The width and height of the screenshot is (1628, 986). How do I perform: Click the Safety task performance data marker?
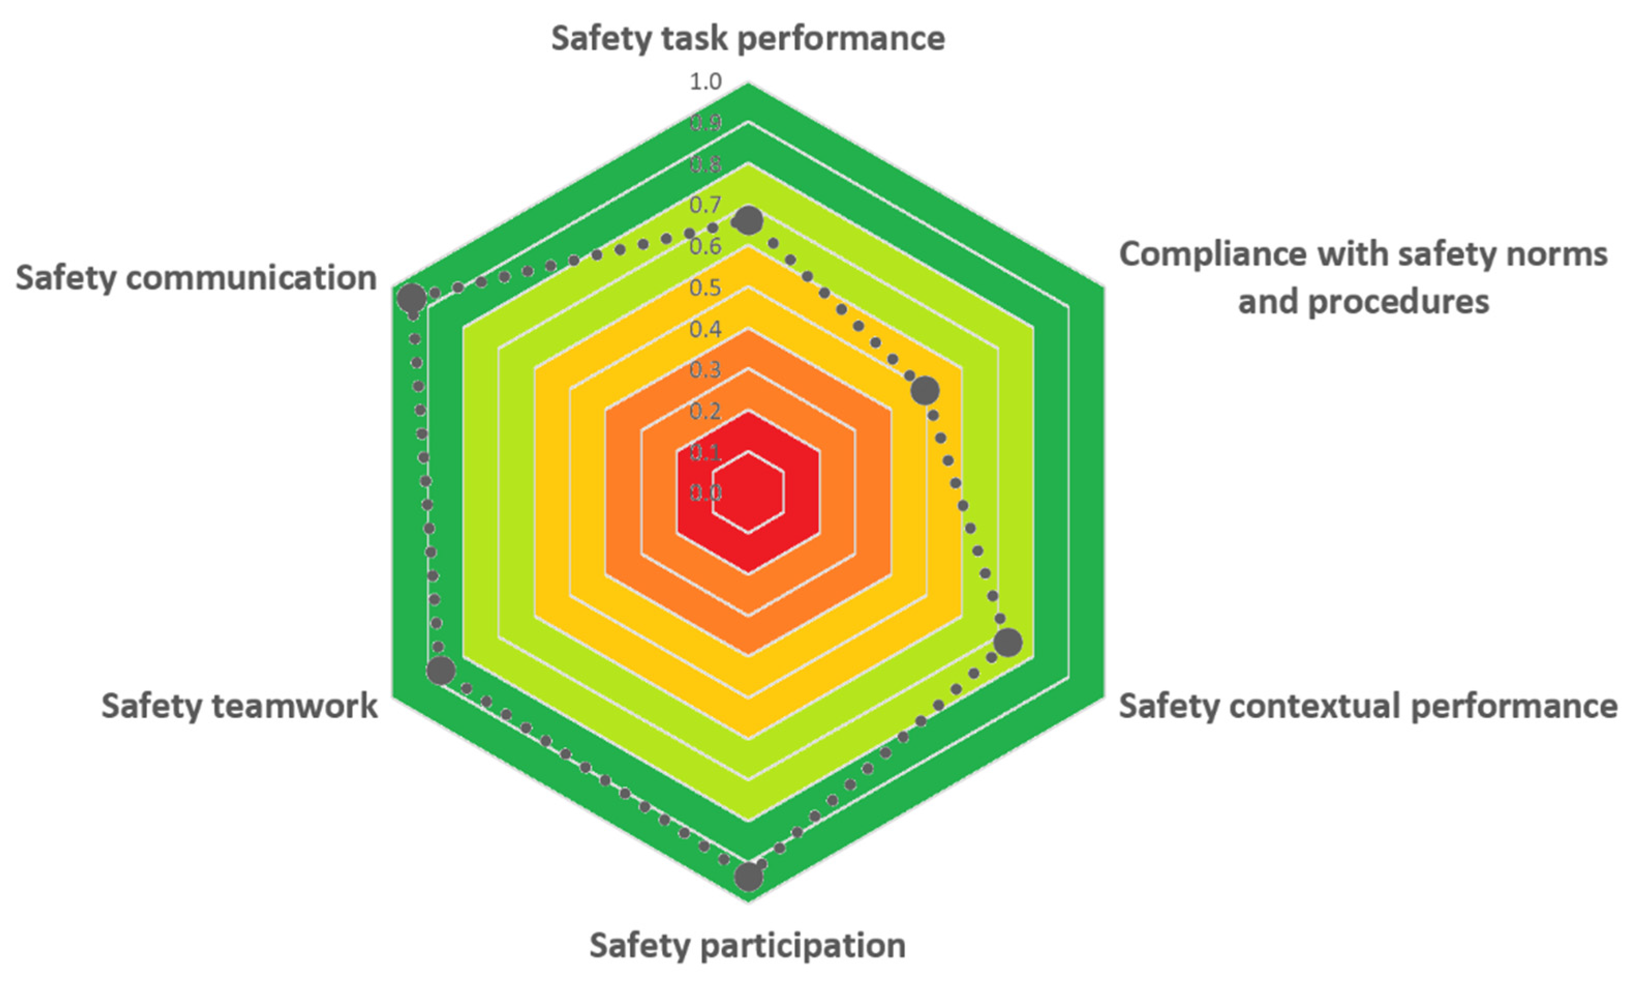click(748, 221)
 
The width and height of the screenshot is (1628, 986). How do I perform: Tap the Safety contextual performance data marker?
click(1008, 642)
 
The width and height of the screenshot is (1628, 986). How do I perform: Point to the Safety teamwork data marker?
click(441, 671)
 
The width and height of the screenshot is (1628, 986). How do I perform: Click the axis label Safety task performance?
click(748, 38)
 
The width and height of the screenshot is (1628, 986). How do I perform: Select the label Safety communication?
click(196, 278)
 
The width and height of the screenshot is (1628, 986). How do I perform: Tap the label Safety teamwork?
click(239, 706)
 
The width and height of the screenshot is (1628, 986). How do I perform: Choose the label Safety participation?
click(747, 945)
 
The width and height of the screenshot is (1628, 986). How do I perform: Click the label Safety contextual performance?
click(1368, 706)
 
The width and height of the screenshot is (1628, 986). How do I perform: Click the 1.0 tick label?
click(705, 82)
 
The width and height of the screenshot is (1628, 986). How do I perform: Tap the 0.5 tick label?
click(705, 288)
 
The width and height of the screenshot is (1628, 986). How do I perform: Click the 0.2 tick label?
click(705, 412)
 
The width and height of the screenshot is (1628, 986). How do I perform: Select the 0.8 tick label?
click(705, 164)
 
